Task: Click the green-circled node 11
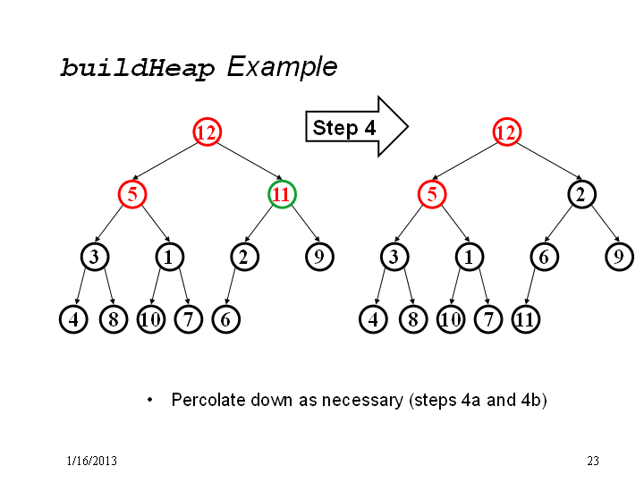[x=282, y=194]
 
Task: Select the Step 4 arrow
[x=357, y=127]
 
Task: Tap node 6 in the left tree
[x=226, y=319]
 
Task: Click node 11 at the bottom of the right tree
[x=526, y=319]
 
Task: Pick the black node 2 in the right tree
[x=581, y=194]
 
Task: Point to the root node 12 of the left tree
[x=207, y=131]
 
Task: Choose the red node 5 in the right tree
[x=432, y=194]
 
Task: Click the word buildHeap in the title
[x=138, y=68]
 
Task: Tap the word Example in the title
[x=282, y=66]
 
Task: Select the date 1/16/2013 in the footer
[x=92, y=461]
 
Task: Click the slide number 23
[x=593, y=461]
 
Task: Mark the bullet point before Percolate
[x=150, y=400]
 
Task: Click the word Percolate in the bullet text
[x=208, y=400]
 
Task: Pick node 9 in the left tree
[x=319, y=257]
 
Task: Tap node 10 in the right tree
[x=451, y=319]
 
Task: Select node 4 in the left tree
[x=73, y=319]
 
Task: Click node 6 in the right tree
[x=544, y=257]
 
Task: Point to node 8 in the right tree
[x=413, y=319]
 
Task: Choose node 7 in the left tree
[x=189, y=319]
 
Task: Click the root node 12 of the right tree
[x=507, y=131]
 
